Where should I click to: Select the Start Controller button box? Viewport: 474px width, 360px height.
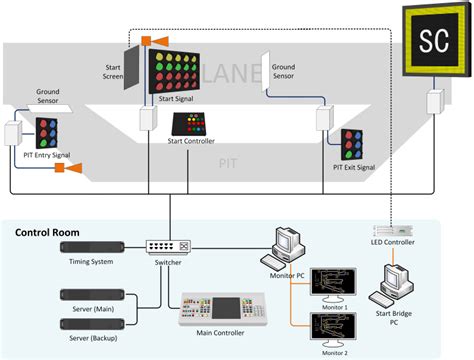point(190,124)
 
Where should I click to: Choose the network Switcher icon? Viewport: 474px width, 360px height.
point(165,246)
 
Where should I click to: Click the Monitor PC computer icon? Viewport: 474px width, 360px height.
point(289,242)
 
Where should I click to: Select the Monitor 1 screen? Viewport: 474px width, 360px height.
point(332,282)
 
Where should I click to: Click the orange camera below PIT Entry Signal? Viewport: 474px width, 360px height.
point(71,168)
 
